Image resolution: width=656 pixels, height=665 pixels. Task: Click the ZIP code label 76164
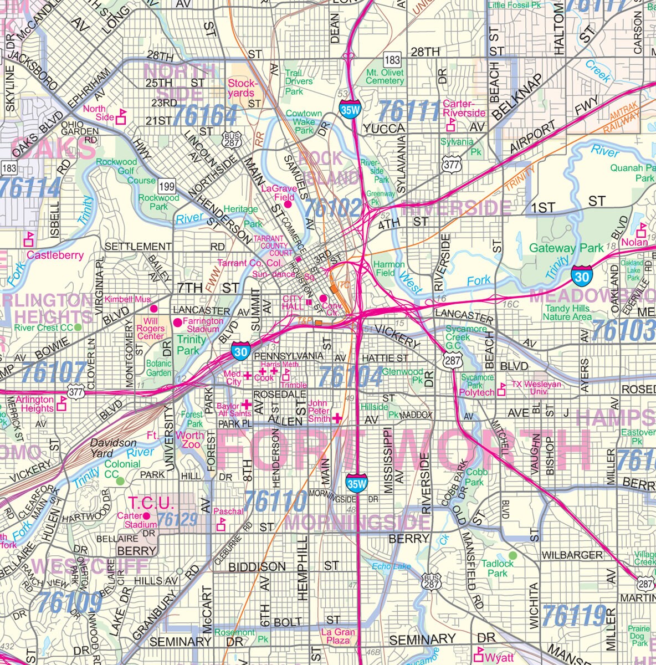(204, 116)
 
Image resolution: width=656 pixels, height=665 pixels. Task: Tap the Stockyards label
(243, 88)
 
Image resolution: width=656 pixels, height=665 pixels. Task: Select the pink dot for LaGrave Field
(288, 204)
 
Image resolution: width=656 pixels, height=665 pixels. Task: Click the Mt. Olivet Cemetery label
(385, 76)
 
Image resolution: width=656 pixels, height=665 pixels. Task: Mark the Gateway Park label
(566, 248)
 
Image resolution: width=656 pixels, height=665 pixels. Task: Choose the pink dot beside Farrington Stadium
(177, 322)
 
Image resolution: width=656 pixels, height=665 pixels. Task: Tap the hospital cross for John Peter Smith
(336, 418)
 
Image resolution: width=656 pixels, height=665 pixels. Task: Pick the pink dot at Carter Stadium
(146, 516)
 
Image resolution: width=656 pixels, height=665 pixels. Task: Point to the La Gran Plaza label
(338, 636)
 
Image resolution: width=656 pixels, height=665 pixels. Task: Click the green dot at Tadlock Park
(512, 555)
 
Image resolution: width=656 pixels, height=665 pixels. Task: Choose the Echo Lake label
(392, 566)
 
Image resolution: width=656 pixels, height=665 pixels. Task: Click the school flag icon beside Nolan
(642, 228)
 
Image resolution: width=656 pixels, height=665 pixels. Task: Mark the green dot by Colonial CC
(120, 480)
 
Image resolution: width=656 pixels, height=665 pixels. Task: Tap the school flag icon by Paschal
(221, 524)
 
